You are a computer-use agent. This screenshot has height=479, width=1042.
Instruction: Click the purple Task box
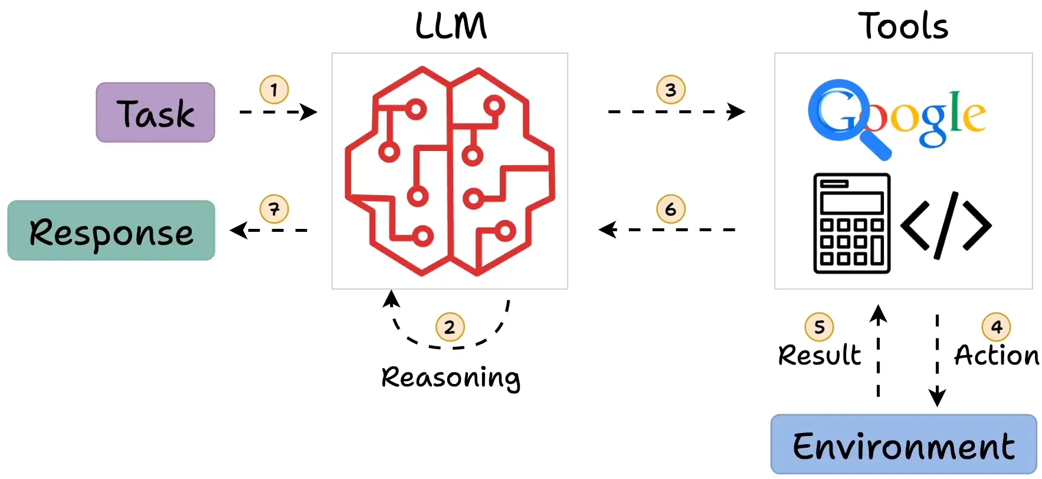(155, 112)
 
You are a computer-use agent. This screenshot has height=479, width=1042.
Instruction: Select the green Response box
(111, 231)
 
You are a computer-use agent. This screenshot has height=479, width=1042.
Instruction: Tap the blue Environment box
(903, 445)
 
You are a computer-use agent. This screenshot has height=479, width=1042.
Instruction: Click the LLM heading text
(451, 27)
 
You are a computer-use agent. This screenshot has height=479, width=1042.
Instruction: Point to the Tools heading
(903, 27)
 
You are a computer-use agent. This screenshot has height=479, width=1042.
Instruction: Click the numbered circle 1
(274, 90)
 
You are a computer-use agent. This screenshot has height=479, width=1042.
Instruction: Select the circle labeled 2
(450, 327)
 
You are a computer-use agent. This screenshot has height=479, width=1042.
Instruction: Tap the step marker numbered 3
(671, 90)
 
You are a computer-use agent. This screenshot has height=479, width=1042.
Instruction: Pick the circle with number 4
(996, 327)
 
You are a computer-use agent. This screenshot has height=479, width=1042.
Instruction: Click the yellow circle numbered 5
(819, 327)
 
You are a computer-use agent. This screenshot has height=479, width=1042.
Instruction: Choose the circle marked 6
(671, 209)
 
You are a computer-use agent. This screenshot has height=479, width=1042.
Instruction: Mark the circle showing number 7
(274, 209)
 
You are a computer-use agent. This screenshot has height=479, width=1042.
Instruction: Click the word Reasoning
(451, 378)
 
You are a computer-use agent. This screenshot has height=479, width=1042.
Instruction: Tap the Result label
(819, 355)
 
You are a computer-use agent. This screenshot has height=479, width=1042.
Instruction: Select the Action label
(997, 355)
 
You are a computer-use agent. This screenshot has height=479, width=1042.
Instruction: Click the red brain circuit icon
(450, 171)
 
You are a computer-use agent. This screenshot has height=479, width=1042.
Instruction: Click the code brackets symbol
(946, 225)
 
